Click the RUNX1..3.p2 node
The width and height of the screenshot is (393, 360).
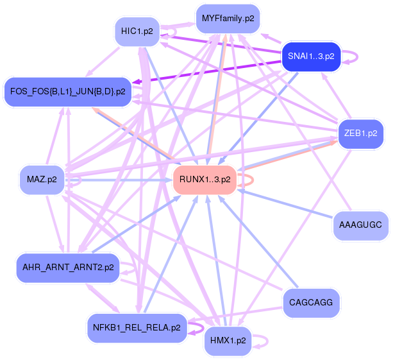[x=205, y=180]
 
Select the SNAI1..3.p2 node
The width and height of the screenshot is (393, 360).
[x=311, y=56]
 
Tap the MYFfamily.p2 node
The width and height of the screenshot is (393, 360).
[x=228, y=19]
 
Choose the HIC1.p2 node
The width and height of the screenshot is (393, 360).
[x=137, y=31]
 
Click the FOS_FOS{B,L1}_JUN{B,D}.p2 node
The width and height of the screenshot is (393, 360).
[x=67, y=92]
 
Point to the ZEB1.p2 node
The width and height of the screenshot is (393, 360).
[x=360, y=134]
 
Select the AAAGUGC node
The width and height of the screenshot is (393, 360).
[x=361, y=225]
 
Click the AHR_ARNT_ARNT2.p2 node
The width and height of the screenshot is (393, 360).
[x=68, y=267]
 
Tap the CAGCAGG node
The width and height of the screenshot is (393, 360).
[x=311, y=302]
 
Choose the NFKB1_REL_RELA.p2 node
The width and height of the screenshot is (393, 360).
[x=136, y=327]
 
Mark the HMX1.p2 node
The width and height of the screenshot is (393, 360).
[x=228, y=340]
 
